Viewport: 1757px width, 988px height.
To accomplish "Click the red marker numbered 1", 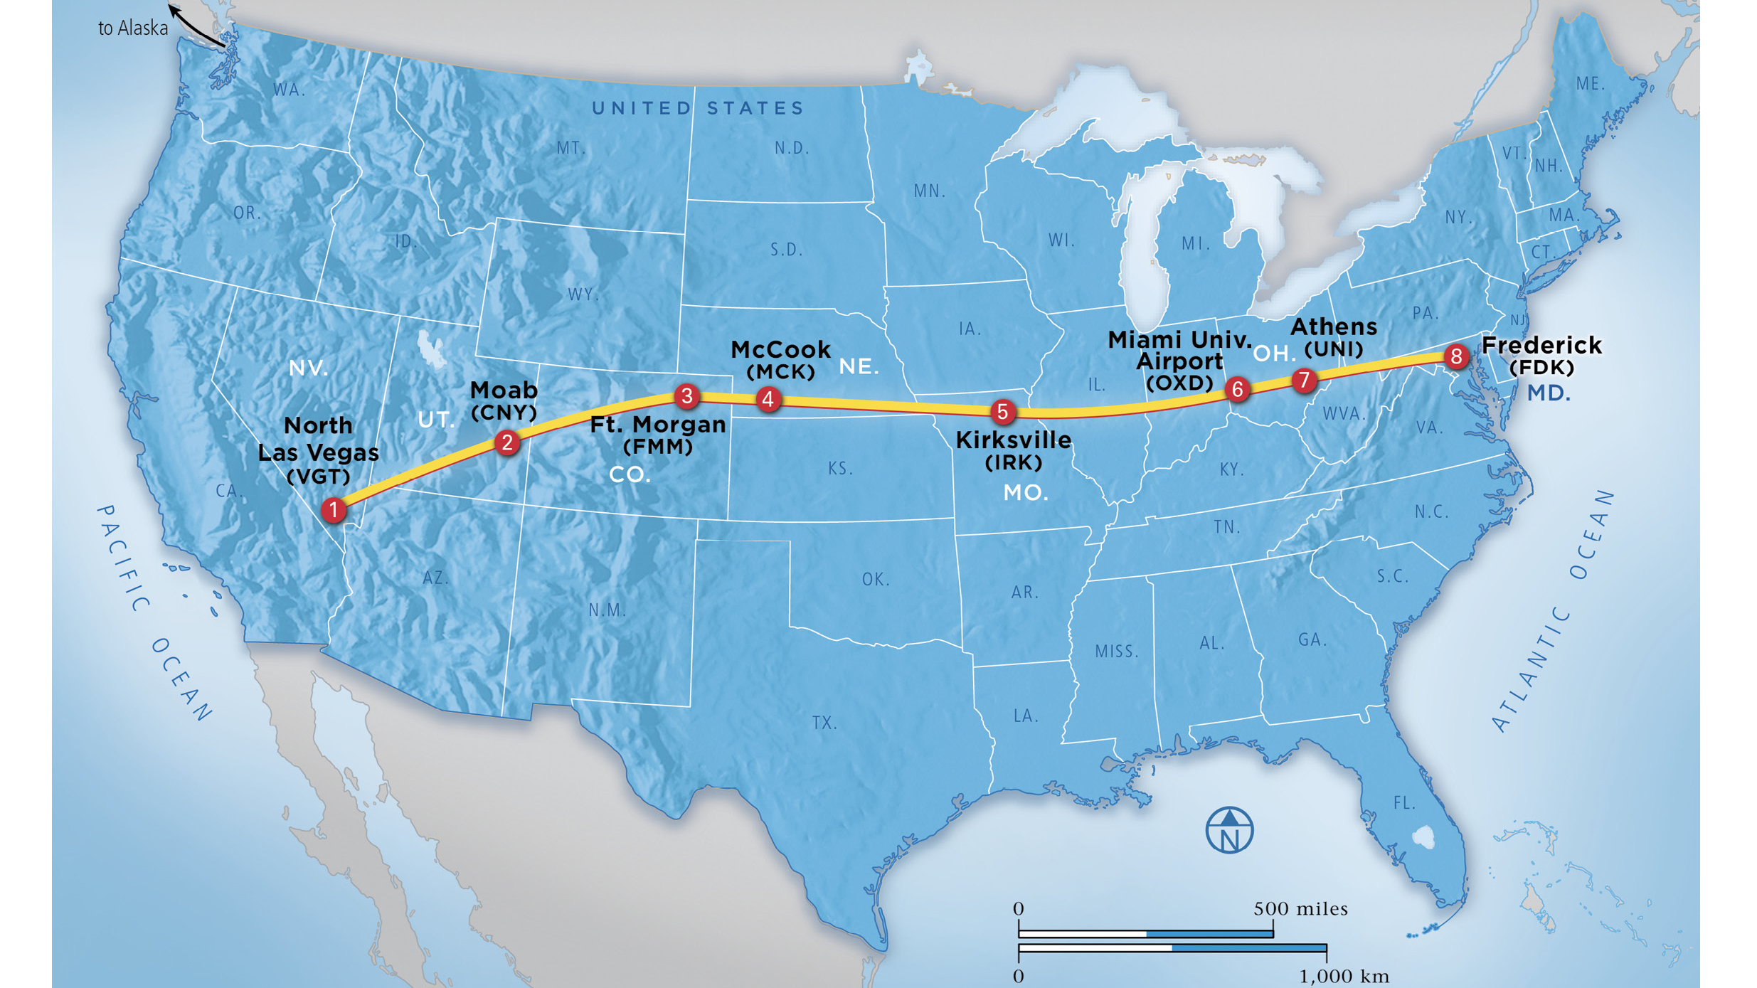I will (x=333, y=510).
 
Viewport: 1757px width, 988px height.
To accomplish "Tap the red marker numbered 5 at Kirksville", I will (x=1002, y=411).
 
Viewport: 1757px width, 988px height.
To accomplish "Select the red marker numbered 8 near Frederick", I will (x=1456, y=356).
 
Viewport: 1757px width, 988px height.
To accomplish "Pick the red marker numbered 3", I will (x=686, y=396).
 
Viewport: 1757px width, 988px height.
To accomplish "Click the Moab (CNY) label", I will (x=504, y=400).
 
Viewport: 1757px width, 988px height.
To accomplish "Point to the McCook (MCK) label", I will (x=780, y=359).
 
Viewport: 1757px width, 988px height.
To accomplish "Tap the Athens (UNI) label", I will (x=1333, y=336).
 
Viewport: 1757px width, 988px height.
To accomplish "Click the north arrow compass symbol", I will (x=1229, y=830).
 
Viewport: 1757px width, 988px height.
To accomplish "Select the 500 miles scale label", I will (x=1300, y=909).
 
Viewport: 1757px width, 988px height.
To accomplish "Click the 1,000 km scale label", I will (x=1344, y=977).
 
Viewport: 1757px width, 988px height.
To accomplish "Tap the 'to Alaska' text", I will (x=133, y=28).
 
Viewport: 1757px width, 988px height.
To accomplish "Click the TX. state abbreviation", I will (x=824, y=723).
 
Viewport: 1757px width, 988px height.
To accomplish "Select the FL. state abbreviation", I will (x=1404, y=803).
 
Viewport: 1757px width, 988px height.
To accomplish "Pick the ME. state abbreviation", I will (x=1590, y=84).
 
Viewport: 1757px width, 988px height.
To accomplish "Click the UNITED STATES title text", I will (x=698, y=108).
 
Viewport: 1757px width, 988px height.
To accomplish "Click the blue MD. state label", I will (x=1549, y=393).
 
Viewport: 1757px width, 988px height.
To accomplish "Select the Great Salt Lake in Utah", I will (x=430, y=349).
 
